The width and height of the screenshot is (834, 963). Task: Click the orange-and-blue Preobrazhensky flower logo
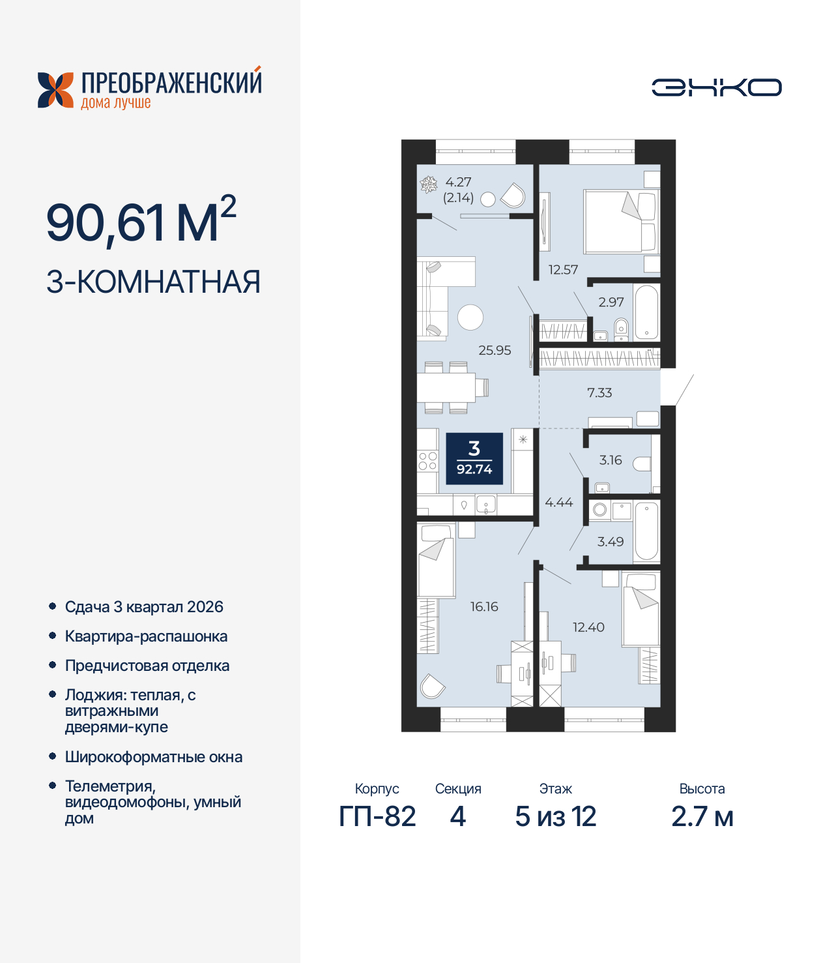pos(55,90)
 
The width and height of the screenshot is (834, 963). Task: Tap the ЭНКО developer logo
pos(716,87)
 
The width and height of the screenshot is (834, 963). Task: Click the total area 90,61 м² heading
pos(141,222)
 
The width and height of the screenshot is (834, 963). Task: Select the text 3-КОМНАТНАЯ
pos(153,282)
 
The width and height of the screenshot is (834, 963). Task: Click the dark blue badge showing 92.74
pos(474,458)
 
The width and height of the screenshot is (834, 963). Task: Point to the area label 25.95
pos(495,350)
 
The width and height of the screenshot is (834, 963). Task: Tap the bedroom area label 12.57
pos(563,269)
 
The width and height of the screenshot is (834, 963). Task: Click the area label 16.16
pos(484,606)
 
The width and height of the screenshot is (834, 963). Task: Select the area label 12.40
pos(588,627)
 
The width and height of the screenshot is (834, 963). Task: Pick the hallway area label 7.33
pos(599,393)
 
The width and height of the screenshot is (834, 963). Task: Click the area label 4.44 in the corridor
pos(558,502)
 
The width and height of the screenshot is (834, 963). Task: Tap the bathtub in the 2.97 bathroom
pos(646,312)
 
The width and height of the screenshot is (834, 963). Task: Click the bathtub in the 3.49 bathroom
pos(646,531)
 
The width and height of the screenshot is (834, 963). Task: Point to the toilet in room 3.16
pos(642,464)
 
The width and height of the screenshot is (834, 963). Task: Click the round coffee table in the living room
pos(470,318)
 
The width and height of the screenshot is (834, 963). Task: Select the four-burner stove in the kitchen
pos(427,461)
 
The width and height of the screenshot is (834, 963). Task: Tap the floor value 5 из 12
pos(555,816)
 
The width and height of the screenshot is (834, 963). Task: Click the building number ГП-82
pos(377,816)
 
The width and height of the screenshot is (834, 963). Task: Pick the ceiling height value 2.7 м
pos(702,816)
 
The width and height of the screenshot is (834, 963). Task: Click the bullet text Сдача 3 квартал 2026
pos(144,607)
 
